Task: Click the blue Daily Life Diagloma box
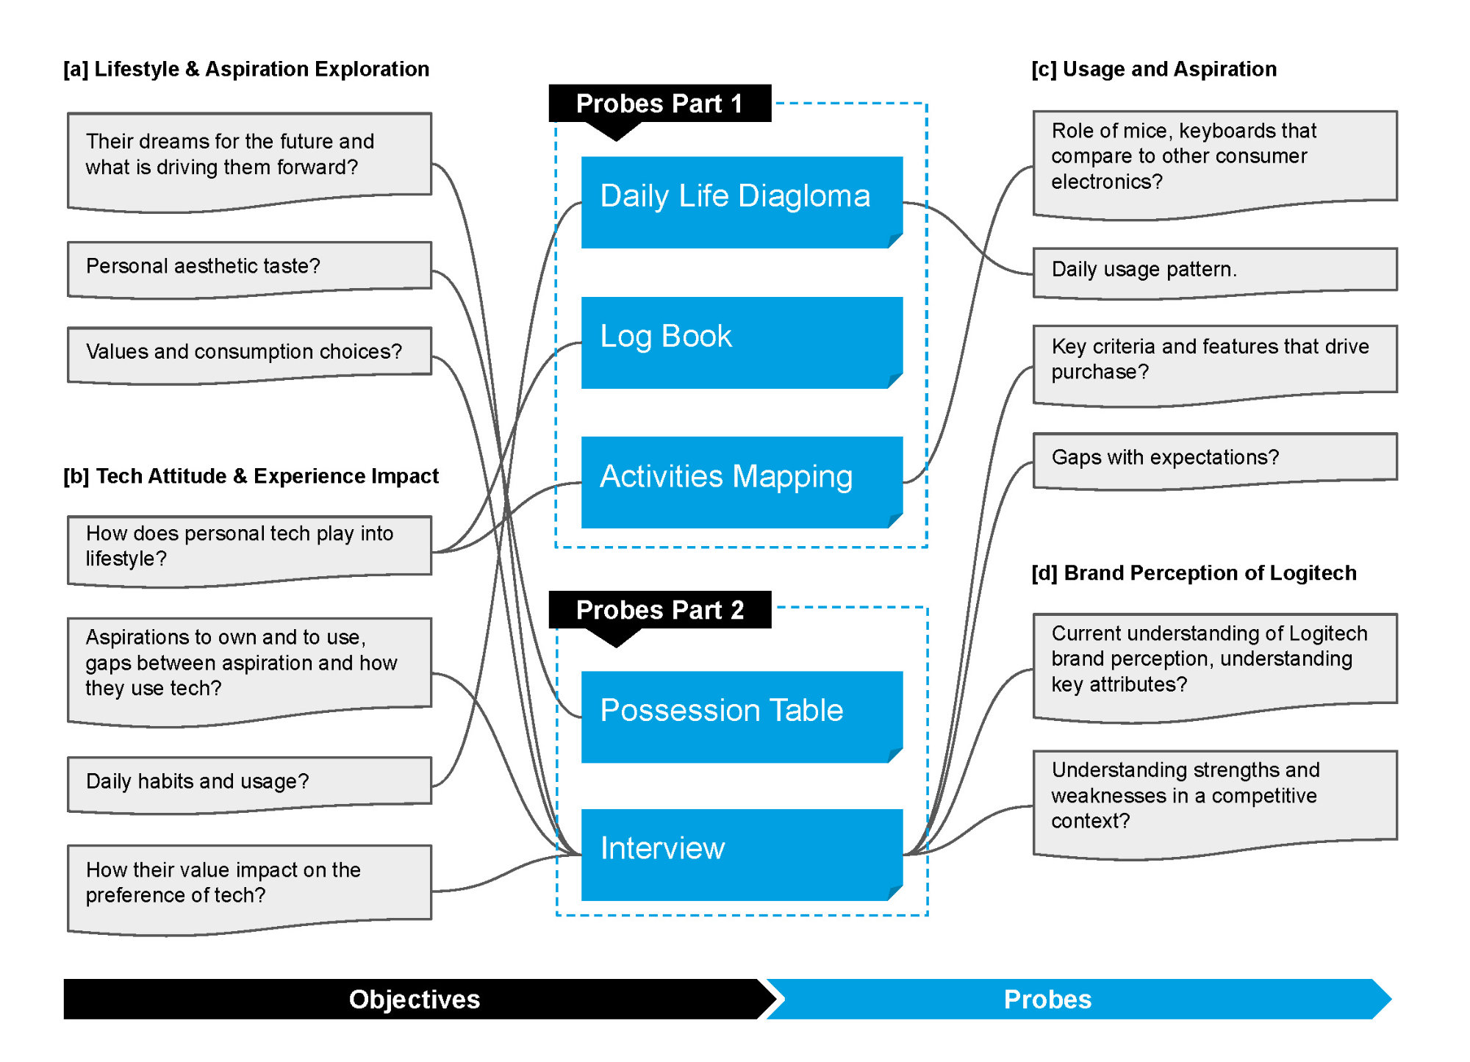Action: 742,202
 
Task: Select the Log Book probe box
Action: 742,342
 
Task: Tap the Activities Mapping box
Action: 742,482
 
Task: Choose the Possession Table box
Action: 742,717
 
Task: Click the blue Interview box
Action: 742,855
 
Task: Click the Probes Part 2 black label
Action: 660,611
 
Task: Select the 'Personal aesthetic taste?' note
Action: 249,270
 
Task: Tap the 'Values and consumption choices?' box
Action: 249,355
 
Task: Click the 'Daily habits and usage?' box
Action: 249,785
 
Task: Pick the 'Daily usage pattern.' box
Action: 1215,273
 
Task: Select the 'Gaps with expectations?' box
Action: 1215,461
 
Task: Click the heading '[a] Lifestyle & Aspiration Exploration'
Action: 246,69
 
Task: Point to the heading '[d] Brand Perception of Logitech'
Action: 1194,573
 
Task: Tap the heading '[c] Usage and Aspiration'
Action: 1154,69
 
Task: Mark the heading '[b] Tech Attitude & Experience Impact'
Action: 251,476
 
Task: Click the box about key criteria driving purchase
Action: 1215,365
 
